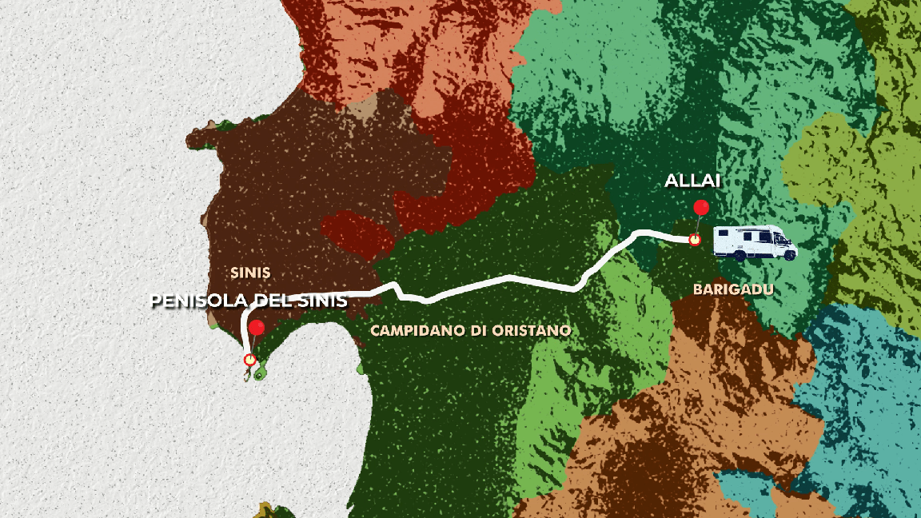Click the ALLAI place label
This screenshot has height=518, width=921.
point(692,181)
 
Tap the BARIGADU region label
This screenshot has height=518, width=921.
point(733,290)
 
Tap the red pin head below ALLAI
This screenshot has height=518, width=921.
point(701,209)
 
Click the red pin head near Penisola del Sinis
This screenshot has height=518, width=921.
point(257,328)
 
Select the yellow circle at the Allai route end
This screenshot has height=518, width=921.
point(695,239)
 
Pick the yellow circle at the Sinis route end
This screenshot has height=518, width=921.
point(249,361)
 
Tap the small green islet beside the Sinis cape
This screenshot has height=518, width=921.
point(261,373)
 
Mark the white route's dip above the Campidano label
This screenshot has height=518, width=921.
point(427,299)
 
